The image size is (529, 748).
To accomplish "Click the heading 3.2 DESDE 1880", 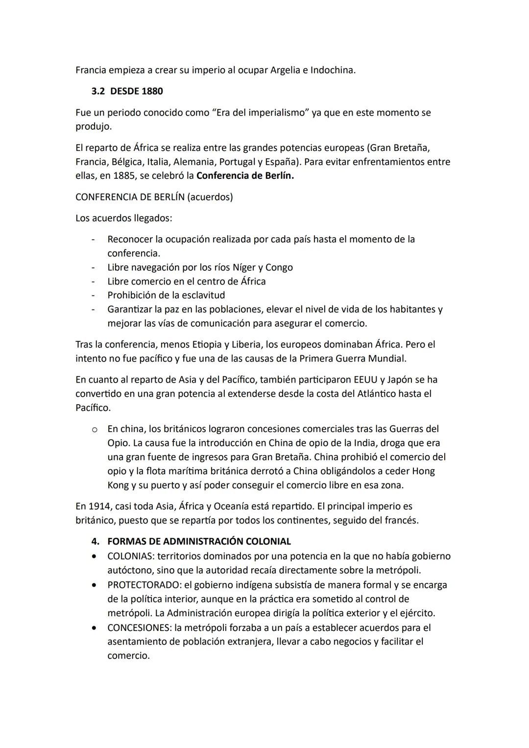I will (x=127, y=91).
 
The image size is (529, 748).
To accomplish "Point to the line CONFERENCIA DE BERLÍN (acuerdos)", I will (x=154, y=197).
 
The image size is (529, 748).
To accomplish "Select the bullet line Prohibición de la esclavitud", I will (x=166, y=295).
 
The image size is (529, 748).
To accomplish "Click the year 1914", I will (x=99, y=506).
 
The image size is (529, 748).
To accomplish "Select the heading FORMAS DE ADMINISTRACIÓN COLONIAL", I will (x=199, y=541).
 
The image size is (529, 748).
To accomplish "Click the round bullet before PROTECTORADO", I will (x=93, y=585).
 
